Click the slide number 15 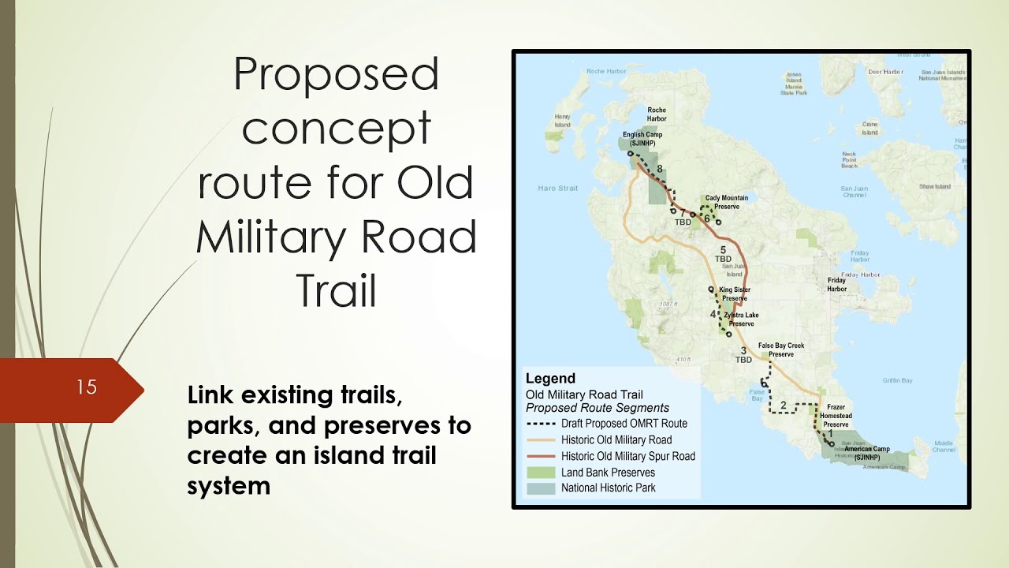click(x=87, y=387)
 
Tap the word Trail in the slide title click(x=337, y=291)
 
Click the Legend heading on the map click(x=550, y=379)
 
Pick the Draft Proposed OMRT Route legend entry click(x=624, y=424)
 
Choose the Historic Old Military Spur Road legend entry click(x=627, y=456)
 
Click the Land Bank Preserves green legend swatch click(x=541, y=473)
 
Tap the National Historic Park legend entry click(x=608, y=488)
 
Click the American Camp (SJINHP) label click(x=866, y=452)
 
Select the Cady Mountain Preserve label click(x=726, y=202)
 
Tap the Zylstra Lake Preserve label click(x=740, y=319)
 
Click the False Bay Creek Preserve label click(x=781, y=349)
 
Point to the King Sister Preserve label click(x=735, y=294)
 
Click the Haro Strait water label click(x=557, y=189)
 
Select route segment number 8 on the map click(x=659, y=169)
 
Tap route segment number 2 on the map click(x=783, y=405)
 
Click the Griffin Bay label click(x=897, y=380)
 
